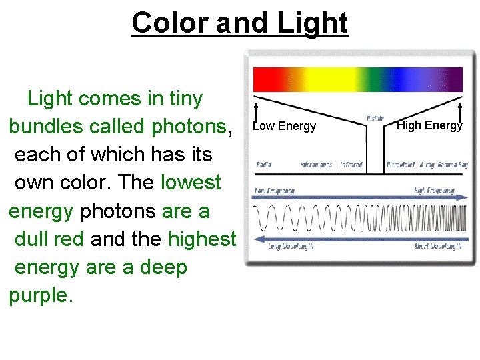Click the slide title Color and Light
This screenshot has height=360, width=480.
[x=240, y=23]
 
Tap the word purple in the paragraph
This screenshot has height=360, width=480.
[x=38, y=295]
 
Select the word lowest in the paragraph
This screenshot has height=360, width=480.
[x=191, y=182]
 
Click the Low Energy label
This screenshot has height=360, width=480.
[x=285, y=127]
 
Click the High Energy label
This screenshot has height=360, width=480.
[x=429, y=125]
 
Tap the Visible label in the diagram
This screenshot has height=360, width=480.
[x=375, y=119]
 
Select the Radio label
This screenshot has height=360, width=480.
[x=264, y=165]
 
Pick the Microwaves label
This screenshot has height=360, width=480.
[x=316, y=165]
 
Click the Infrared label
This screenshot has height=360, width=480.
[x=351, y=165]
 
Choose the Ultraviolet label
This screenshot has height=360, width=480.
[x=401, y=165]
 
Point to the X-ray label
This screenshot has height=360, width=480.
[x=427, y=165]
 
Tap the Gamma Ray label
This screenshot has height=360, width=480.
[x=453, y=165]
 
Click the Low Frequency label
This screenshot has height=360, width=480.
[x=275, y=191]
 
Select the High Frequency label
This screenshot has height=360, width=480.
[x=434, y=191]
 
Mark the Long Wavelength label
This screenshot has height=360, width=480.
[x=291, y=247]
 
